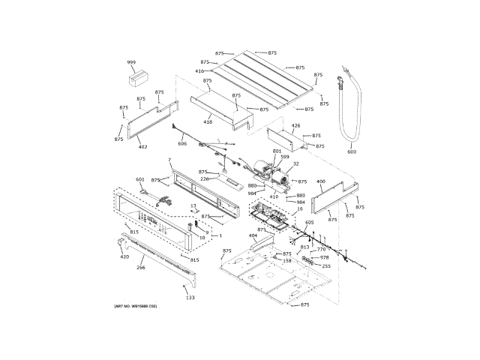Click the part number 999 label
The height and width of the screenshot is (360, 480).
pos(131,62)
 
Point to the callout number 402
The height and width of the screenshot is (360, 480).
pos(142,147)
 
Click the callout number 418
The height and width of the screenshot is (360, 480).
pos(208,121)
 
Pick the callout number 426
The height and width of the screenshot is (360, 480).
pos(295,126)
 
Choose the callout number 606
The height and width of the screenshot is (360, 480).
pos(182,143)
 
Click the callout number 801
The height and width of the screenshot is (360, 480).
pos(277,151)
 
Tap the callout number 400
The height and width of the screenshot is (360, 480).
pos(321,181)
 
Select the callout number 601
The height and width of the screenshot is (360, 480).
pos(139,179)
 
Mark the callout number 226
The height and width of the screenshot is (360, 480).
pos(203,178)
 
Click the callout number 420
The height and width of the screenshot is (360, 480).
pos(124,257)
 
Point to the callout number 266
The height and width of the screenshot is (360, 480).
pos(140,267)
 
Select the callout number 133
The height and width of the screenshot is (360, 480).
pos(190,298)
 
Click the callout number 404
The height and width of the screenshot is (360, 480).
pos(253,236)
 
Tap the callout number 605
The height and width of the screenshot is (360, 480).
pos(310,223)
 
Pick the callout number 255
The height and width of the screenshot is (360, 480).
pos(325,266)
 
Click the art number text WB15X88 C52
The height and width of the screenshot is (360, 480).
pos(136,307)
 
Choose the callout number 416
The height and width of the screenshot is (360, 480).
pos(200,71)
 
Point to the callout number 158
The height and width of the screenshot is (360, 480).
pos(287,261)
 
